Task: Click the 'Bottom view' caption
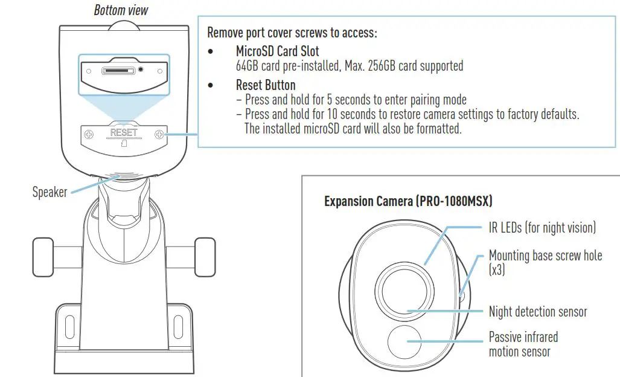tap(121, 10)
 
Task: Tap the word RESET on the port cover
tap(124, 132)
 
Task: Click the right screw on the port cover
tap(160, 135)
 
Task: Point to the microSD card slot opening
tap(118, 71)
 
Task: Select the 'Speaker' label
tap(49, 192)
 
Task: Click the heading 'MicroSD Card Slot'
tap(277, 51)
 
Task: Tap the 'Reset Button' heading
tap(266, 85)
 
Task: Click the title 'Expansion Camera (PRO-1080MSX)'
tap(408, 201)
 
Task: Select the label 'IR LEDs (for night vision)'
tap(542, 228)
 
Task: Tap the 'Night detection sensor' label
tap(537, 312)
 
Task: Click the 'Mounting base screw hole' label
tap(545, 256)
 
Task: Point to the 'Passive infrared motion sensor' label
tap(523, 344)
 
